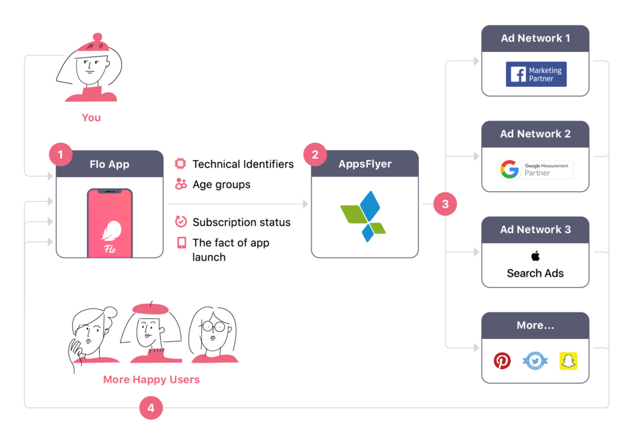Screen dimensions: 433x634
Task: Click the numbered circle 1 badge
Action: [x=60, y=154]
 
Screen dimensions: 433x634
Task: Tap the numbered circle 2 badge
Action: [x=315, y=154]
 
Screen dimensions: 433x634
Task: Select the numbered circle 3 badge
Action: [x=445, y=204]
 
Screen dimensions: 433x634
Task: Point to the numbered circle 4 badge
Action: [x=150, y=408]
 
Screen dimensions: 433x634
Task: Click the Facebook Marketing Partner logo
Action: [x=536, y=74]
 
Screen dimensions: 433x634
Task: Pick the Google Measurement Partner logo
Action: [x=536, y=170]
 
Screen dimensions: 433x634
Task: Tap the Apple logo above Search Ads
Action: [x=535, y=256]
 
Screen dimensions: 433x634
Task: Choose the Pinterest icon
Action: [x=502, y=361]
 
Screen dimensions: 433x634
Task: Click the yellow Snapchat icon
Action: [x=568, y=361]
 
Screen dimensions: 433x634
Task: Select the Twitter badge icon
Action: [x=535, y=361]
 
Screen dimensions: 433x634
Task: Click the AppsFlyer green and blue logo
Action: [x=364, y=216]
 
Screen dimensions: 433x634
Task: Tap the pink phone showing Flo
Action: [x=110, y=223]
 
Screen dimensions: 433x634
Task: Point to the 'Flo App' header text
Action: [x=109, y=164]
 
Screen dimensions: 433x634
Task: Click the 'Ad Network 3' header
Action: [x=535, y=229]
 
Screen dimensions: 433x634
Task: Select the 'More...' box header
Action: [x=535, y=325]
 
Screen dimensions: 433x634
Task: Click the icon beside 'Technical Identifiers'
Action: [x=181, y=164]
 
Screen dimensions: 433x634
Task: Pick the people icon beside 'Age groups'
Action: [x=181, y=184]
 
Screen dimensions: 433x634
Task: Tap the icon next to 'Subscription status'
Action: [x=181, y=222]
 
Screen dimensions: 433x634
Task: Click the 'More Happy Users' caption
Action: [x=151, y=380]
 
